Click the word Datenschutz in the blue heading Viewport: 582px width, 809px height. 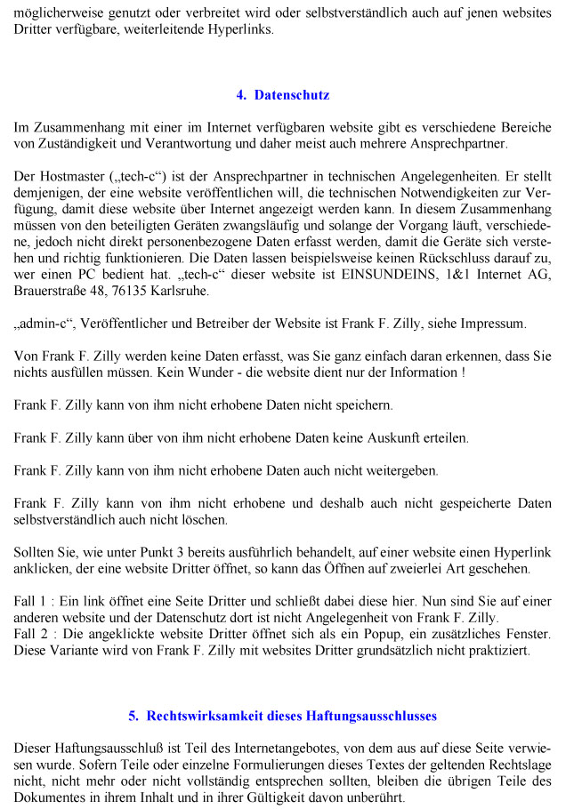[292, 95]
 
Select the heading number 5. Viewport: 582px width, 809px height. [133, 715]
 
